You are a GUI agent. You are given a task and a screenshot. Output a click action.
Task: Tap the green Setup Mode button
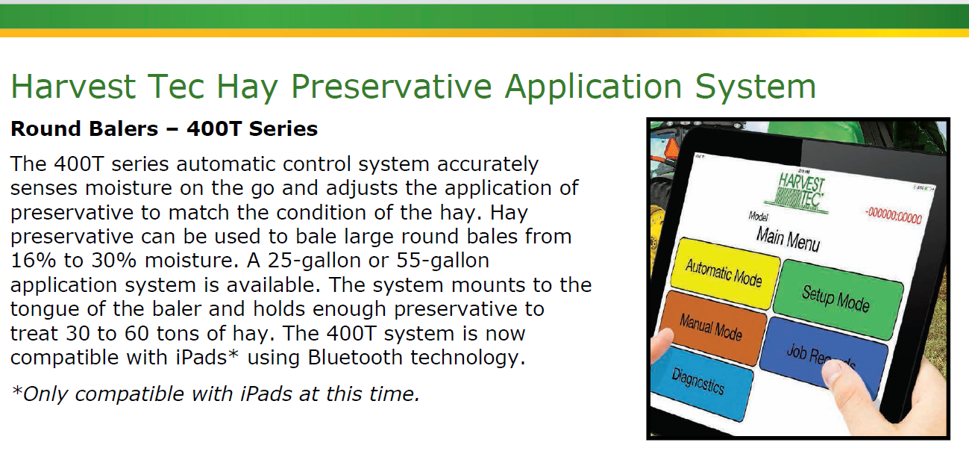(838, 299)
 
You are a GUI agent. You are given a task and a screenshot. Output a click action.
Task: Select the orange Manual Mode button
(712, 328)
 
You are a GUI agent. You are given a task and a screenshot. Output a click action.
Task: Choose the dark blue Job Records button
(822, 356)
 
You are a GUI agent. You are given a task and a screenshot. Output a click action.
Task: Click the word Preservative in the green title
(391, 87)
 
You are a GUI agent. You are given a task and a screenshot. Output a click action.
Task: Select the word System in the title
(756, 87)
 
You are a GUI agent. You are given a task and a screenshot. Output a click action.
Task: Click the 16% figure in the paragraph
(34, 261)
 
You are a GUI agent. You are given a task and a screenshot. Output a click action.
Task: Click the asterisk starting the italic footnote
(17, 390)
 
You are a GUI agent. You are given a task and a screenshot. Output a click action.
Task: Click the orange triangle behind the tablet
(672, 149)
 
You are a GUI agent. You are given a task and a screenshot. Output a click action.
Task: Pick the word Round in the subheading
(41, 128)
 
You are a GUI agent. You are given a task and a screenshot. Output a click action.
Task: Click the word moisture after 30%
(191, 261)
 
